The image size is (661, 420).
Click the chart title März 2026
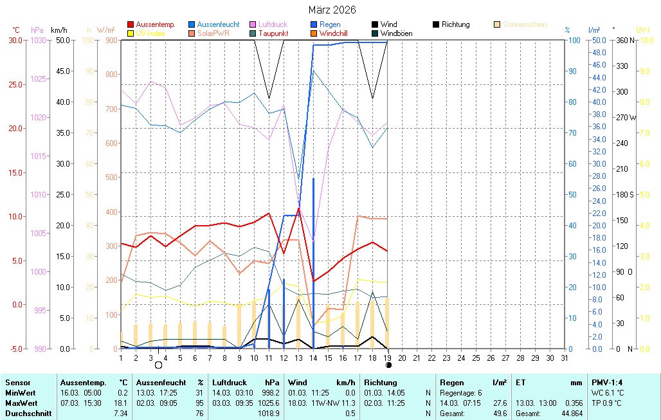pos(331,10)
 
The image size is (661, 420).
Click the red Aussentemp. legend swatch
pos(131,24)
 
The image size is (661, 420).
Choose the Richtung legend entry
pos(455,24)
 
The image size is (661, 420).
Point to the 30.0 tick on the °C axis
pos(15,40)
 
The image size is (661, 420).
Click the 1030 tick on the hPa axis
pos(39,40)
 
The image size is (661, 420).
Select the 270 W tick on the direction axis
pos(626,118)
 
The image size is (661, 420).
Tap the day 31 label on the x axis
pos(564,357)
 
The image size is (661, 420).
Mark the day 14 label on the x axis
pos(313,357)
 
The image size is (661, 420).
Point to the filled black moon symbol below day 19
pos(388,365)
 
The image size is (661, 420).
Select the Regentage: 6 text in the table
pos(460,392)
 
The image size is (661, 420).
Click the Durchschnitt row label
pos(28,414)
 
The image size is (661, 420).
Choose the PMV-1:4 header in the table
pos(606,383)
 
